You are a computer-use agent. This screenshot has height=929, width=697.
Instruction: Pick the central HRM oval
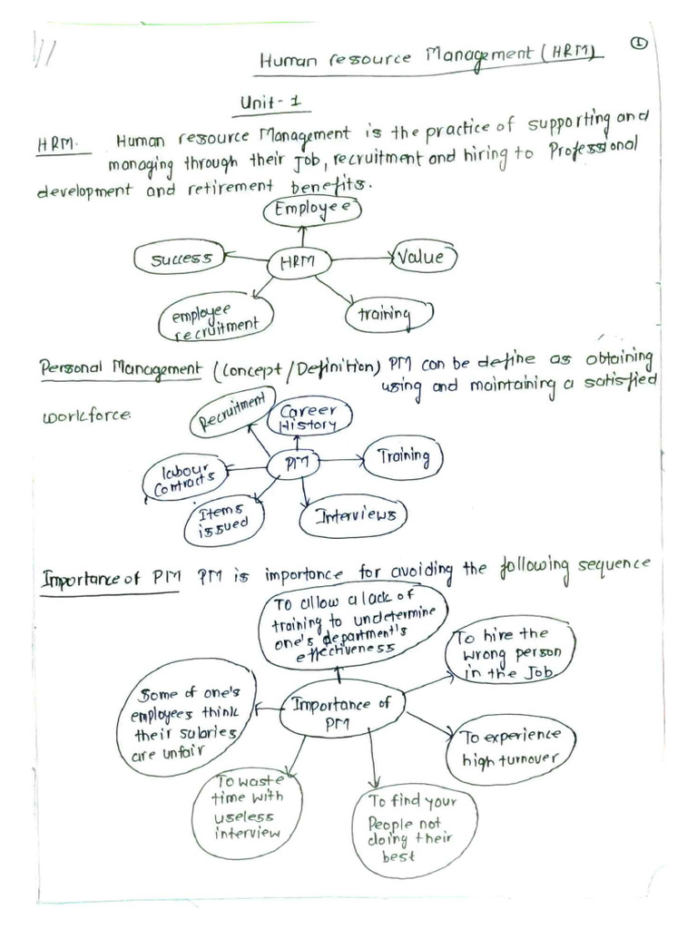(x=299, y=262)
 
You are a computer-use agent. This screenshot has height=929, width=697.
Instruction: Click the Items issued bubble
(x=223, y=523)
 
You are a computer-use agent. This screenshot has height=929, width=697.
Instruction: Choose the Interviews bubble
(x=354, y=516)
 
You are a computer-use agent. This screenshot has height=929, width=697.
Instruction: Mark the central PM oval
(x=295, y=464)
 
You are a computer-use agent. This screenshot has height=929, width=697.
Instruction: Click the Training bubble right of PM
(x=403, y=457)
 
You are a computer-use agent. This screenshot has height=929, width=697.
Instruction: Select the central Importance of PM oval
(x=340, y=709)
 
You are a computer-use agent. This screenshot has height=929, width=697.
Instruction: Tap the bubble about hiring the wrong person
(x=510, y=651)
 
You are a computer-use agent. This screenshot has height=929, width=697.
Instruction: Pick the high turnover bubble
(x=510, y=747)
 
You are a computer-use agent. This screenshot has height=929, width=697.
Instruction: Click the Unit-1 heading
(x=270, y=103)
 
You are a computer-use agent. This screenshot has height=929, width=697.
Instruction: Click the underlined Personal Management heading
(x=120, y=369)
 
